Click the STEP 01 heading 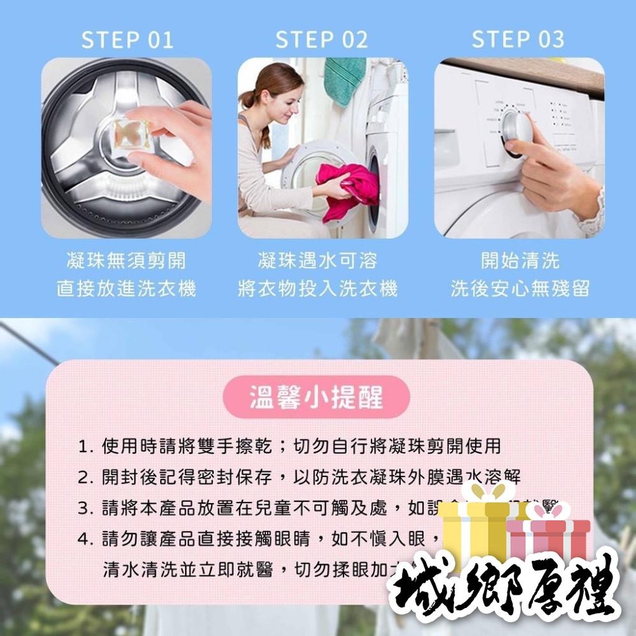coord(127,39)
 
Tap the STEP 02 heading coord(322,39)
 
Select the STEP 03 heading coord(518,39)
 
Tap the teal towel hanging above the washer coord(344,79)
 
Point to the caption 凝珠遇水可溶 coord(317,260)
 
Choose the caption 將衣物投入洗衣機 coord(317,289)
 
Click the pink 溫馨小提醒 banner coord(316,398)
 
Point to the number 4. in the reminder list coord(86,539)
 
